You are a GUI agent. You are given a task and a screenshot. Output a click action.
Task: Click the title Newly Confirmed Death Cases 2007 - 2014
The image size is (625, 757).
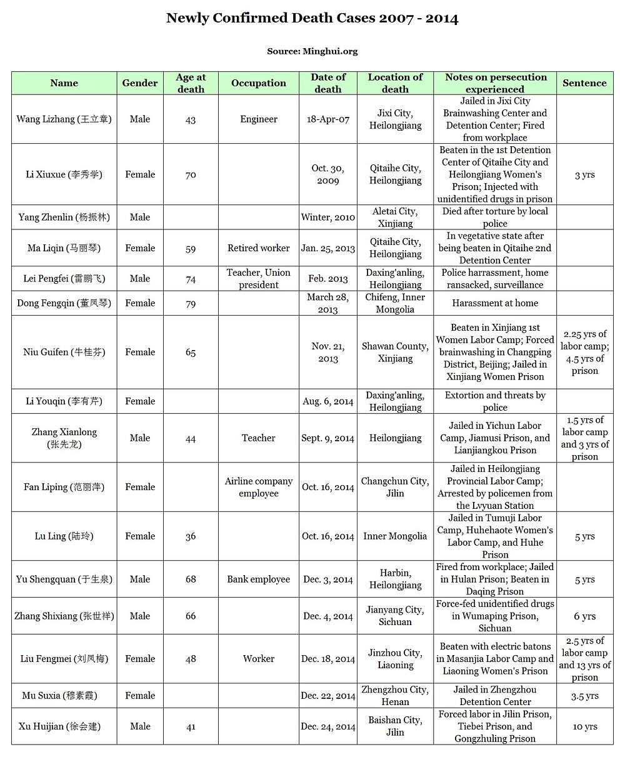(312, 18)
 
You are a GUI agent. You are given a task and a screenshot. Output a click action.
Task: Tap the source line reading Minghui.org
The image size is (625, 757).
(312, 51)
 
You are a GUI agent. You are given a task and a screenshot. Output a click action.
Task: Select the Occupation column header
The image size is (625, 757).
(258, 83)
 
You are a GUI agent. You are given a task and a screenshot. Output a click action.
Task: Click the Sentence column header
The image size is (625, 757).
(584, 83)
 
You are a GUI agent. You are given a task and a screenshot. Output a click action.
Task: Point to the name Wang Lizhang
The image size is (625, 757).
(64, 119)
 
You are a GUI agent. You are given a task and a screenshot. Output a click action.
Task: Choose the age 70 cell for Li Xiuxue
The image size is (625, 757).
(191, 175)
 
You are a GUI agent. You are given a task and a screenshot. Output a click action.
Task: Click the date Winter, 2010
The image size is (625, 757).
(328, 218)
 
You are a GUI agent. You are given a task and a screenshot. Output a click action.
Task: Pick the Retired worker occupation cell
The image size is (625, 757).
(258, 248)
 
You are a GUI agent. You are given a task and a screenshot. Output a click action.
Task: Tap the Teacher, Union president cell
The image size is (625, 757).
(258, 279)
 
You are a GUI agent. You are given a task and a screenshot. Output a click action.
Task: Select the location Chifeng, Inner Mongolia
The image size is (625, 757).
(395, 303)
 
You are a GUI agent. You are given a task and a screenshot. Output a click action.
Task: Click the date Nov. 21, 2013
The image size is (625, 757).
(328, 353)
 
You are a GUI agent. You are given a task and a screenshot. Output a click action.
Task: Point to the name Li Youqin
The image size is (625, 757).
(64, 401)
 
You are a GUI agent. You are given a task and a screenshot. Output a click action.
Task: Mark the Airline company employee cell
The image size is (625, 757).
(258, 487)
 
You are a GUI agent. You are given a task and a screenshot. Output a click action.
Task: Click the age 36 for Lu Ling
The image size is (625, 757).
(191, 536)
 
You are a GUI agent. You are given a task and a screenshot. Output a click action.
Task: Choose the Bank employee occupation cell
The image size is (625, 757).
(258, 579)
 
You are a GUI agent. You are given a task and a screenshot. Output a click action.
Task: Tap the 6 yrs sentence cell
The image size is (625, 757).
(584, 616)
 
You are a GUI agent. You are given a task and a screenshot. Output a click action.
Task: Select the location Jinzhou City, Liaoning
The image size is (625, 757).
(395, 659)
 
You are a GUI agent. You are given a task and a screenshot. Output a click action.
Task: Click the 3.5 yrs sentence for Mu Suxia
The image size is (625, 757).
(584, 696)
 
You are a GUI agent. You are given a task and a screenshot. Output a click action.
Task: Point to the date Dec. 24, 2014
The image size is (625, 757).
(328, 726)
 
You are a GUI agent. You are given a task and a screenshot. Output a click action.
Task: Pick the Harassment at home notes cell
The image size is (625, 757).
(495, 303)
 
